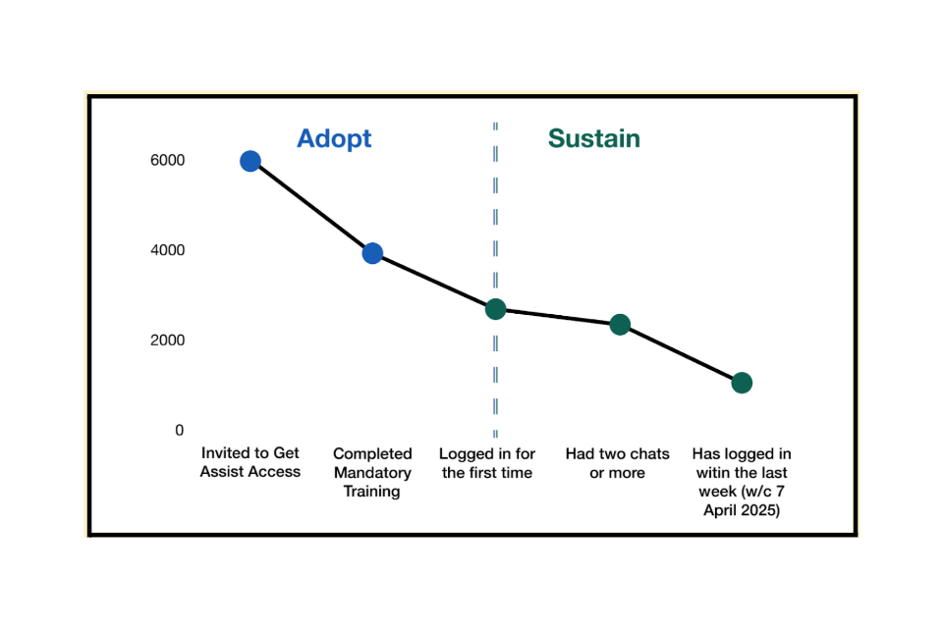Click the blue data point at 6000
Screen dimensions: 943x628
250,161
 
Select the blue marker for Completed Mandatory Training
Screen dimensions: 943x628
372,253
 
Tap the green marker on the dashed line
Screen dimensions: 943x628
495,309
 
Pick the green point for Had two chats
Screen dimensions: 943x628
620,325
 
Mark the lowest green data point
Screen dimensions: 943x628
742,383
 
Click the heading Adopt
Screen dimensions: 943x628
334,139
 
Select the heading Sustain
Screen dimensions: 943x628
593,138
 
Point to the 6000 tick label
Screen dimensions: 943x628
167,160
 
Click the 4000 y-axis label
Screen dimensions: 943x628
167,250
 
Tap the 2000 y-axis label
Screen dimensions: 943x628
167,340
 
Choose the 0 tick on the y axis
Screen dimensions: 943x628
179,431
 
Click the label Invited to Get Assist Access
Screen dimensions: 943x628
250,462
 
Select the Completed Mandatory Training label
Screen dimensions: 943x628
372,472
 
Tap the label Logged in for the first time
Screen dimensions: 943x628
487,463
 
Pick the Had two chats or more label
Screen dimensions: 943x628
618,463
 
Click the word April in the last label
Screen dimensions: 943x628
721,510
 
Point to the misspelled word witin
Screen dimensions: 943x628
716,472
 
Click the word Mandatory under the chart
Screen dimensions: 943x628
372,473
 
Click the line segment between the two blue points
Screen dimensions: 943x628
311,207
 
